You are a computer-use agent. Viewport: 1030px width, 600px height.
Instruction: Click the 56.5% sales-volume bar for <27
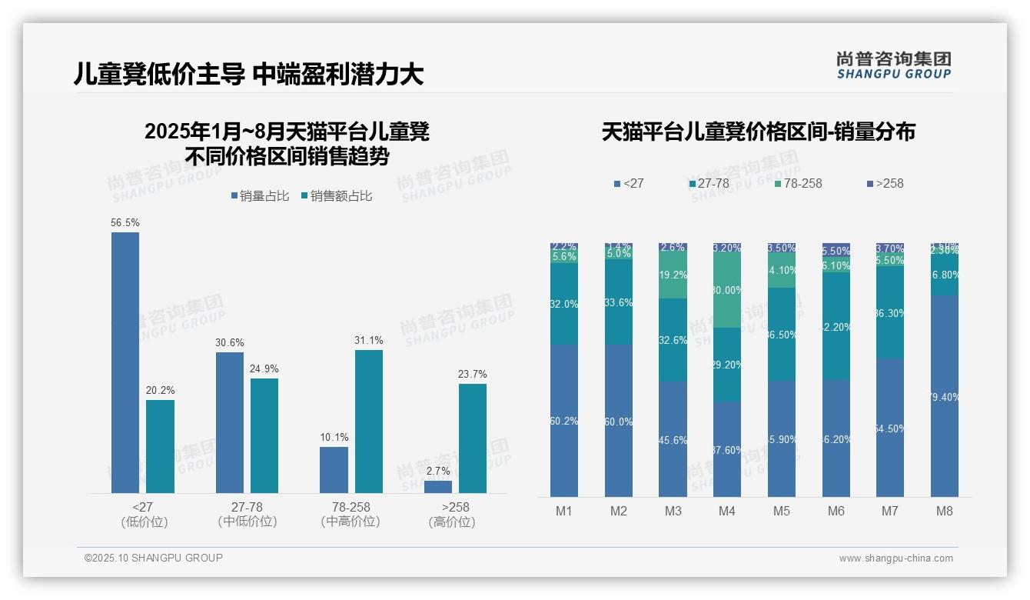point(125,362)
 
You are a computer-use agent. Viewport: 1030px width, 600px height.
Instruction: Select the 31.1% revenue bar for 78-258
point(369,422)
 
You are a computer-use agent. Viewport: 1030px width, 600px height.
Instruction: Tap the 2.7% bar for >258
point(438,487)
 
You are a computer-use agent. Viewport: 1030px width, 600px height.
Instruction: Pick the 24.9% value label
point(264,368)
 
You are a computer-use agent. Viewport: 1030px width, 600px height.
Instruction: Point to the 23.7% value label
point(473,375)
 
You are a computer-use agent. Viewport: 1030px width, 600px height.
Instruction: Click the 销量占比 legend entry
point(260,196)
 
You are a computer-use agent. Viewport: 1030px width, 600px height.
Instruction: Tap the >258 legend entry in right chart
point(885,184)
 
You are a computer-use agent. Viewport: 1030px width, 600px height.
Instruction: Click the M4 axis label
point(727,512)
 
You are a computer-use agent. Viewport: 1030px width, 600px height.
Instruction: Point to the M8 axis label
point(945,512)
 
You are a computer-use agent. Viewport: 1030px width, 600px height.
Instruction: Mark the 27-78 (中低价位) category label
point(248,515)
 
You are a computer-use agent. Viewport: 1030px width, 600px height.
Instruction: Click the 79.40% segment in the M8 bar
point(945,396)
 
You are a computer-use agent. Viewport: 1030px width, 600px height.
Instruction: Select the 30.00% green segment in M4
point(727,291)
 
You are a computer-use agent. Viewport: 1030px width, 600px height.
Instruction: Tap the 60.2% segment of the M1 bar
point(564,421)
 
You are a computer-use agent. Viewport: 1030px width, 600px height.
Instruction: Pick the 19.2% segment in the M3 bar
point(673,275)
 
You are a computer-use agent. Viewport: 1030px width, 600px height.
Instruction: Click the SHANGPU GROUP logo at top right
point(893,65)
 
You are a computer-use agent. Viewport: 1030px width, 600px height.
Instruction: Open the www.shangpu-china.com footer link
point(895,558)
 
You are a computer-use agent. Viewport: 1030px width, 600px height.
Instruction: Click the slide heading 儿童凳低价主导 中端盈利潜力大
point(248,75)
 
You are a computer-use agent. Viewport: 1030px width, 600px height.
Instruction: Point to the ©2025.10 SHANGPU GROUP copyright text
point(154,558)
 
